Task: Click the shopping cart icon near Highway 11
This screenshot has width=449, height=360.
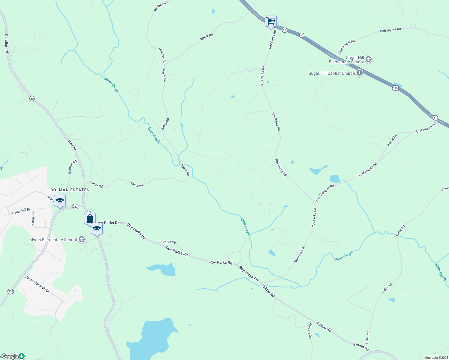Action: point(271,21)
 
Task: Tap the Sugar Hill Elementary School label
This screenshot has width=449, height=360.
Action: point(346,60)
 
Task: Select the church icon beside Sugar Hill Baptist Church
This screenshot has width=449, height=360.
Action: point(360,73)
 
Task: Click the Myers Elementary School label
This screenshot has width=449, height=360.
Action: point(53,240)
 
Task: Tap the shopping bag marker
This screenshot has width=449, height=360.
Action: point(90,219)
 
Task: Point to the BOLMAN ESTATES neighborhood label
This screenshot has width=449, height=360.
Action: point(70,190)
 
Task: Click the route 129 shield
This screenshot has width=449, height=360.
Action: point(395,88)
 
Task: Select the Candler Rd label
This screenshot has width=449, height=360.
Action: point(7,43)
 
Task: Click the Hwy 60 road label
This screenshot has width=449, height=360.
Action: point(72,146)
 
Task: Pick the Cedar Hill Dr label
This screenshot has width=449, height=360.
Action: point(21,211)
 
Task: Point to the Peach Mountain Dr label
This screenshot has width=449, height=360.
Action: point(37,284)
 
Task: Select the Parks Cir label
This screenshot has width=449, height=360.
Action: point(169,242)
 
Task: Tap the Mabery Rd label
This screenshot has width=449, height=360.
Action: point(310,331)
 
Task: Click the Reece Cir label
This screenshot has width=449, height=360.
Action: point(392,140)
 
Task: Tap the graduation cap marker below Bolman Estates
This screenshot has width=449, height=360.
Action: point(60,201)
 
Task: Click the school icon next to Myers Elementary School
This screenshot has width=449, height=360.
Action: point(81,239)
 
